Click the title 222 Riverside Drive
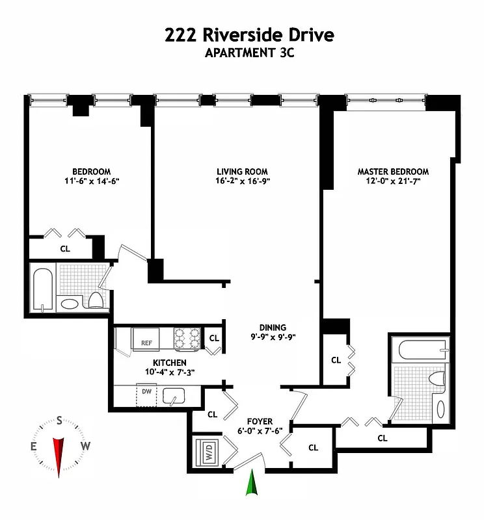click(250, 34)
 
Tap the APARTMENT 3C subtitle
click(250, 53)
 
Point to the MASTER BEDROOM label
click(393, 172)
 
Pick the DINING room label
click(272, 328)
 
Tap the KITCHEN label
click(170, 363)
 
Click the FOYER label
click(260, 422)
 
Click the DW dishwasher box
click(146, 393)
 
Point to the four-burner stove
click(188, 338)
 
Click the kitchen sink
click(173, 395)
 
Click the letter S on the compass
click(59, 421)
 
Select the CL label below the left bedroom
click(65, 248)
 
